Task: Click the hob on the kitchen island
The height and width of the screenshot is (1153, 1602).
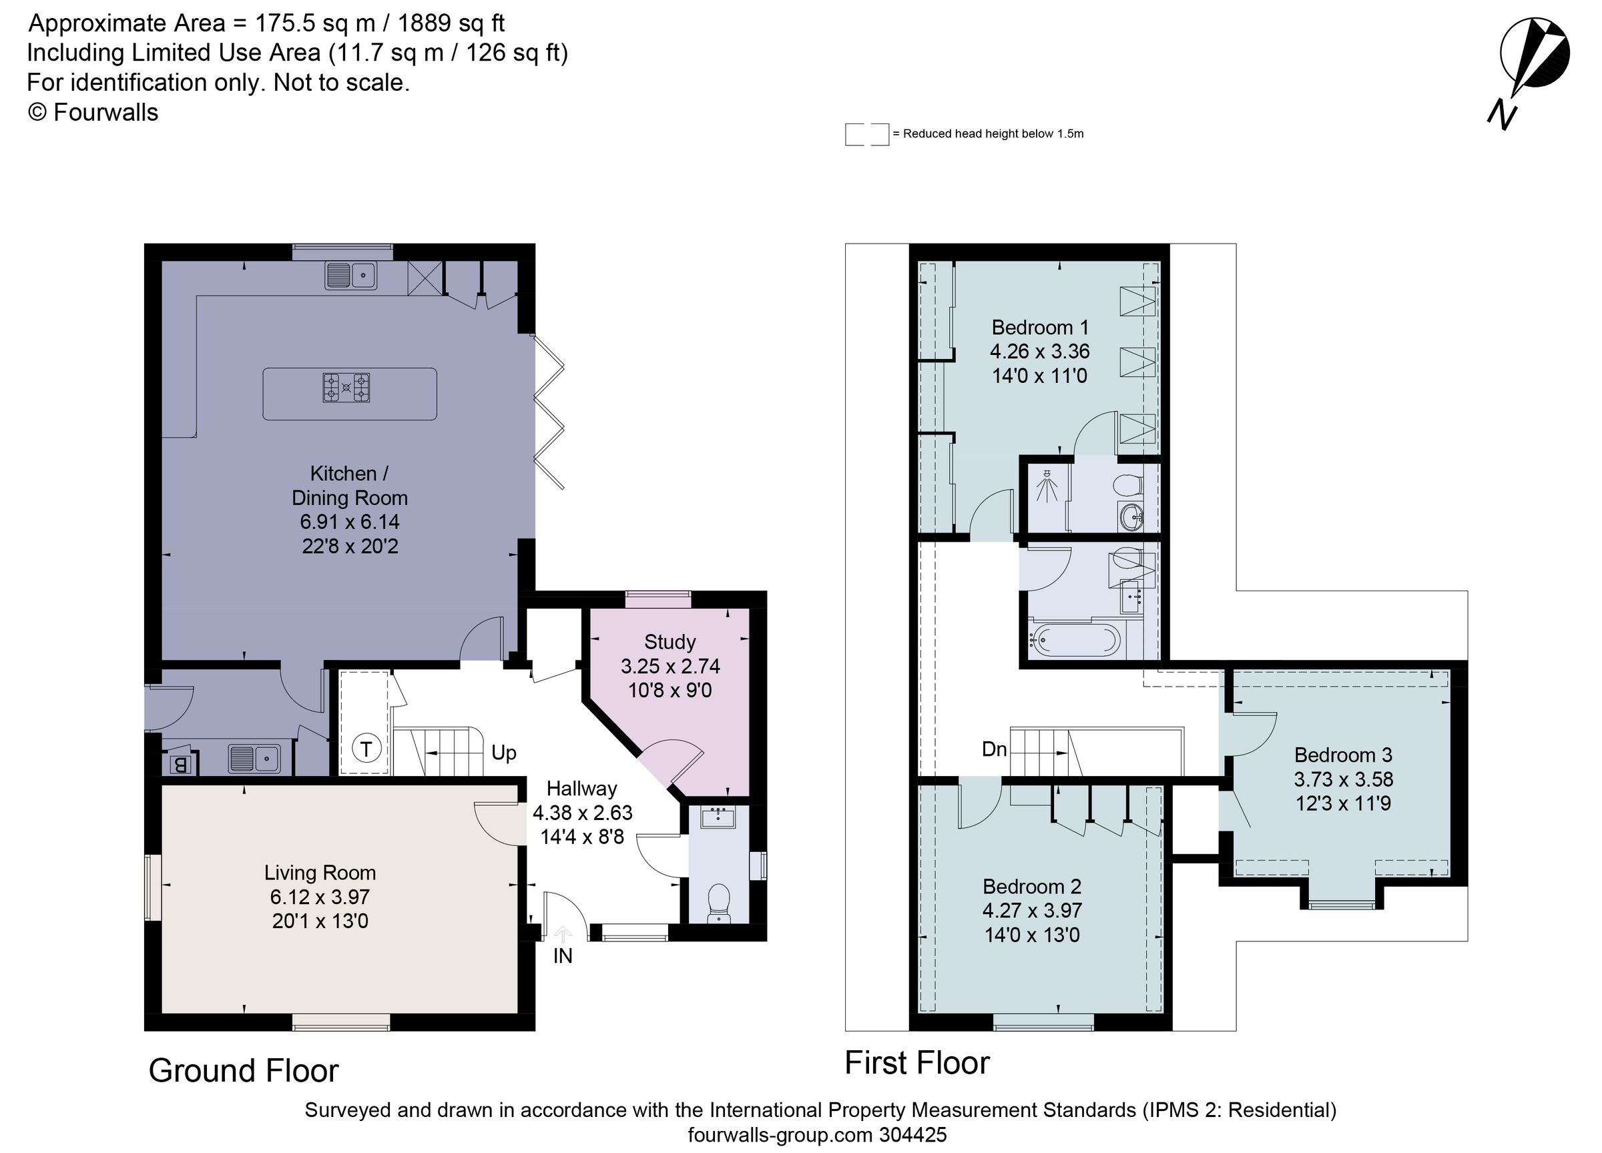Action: [x=346, y=388]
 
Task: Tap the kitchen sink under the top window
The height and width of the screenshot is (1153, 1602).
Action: [x=350, y=275]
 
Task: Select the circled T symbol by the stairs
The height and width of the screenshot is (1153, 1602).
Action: [x=366, y=749]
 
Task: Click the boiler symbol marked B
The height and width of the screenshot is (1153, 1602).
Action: [x=180, y=765]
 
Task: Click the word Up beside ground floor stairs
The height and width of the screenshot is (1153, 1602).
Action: [x=503, y=753]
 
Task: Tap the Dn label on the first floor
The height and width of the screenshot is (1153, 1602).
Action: [x=994, y=749]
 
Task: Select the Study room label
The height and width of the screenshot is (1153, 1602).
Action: [x=670, y=642]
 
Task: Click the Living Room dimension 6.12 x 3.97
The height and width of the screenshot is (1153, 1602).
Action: [x=320, y=897]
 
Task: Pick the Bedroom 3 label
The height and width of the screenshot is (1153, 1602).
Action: [x=1343, y=755]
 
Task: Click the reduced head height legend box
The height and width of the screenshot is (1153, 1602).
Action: [x=866, y=134]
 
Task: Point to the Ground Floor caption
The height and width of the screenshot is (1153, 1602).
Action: [x=244, y=1071]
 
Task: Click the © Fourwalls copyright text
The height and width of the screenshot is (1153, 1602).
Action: [x=93, y=112]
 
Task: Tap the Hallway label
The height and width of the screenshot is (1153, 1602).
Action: [x=581, y=788]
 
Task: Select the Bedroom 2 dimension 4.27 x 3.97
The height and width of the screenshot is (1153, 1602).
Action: [x=1032, y=910]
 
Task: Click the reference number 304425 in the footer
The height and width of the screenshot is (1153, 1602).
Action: [x=912, y=1134]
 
